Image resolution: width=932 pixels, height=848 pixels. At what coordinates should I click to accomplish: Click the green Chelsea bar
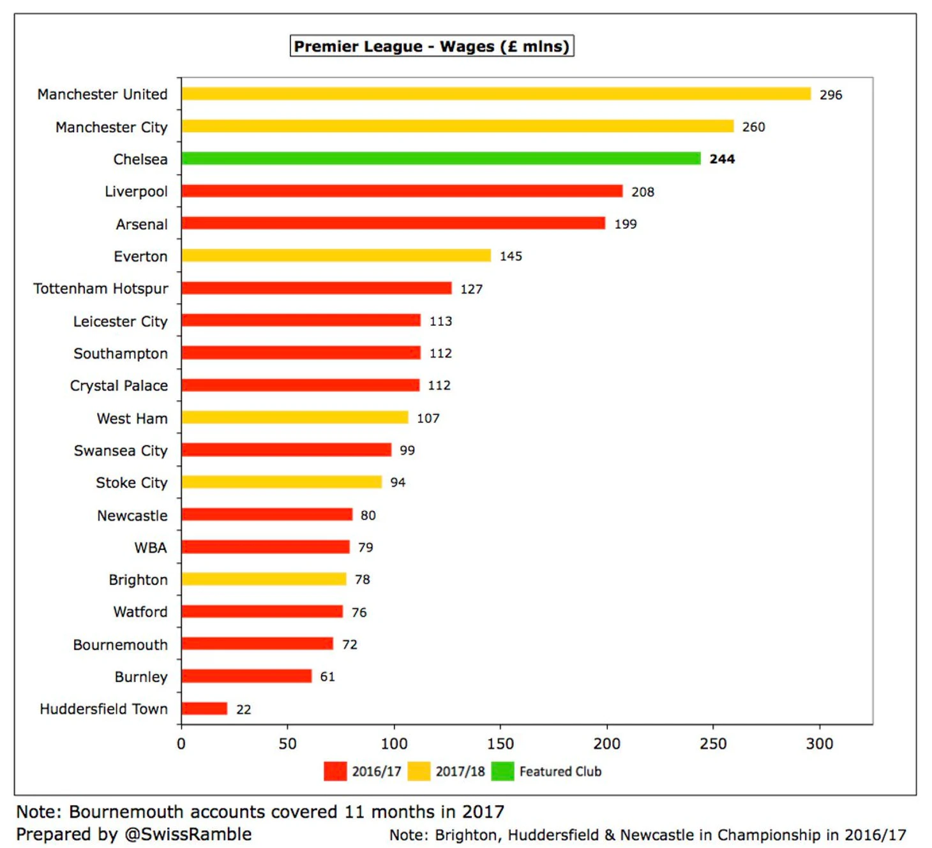pos(440,158)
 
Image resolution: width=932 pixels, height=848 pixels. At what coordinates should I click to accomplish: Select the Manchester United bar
pos(496,94)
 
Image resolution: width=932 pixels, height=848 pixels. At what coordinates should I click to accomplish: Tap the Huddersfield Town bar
pos(204,708)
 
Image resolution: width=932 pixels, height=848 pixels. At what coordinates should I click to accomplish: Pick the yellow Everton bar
pos(336,256)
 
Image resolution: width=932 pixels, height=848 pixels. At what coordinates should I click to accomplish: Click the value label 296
pos(831,95)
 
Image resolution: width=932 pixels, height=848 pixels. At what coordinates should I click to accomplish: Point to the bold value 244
pos(722,159)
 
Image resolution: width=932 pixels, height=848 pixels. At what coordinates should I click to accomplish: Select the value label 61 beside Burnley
pos(327,676)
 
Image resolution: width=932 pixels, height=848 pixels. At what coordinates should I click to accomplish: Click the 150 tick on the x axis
pos(500,744)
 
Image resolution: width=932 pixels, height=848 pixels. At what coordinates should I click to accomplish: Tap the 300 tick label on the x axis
pos(819,744)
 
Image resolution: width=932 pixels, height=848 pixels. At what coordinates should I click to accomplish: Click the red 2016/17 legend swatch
pos(335,771)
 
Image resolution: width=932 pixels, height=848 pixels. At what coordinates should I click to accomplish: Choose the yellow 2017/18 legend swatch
pos(419,771)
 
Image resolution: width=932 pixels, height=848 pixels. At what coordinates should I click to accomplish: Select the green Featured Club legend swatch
pos(502,771)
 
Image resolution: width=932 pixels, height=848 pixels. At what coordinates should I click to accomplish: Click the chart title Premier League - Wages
pos(432,47)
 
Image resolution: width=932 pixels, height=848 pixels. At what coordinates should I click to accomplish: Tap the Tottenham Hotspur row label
pos(101,288)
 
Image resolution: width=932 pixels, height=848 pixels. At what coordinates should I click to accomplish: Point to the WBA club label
pos(151,547)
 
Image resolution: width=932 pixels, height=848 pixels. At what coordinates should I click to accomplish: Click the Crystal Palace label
pos(119,385)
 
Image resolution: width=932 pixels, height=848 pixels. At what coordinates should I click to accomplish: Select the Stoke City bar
pos(282,482)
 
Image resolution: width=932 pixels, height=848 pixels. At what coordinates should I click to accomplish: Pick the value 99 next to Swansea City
pos(407,450)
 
